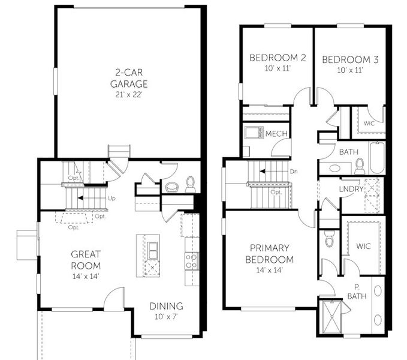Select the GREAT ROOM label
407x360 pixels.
[85, 260]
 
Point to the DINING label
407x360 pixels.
[166, 306]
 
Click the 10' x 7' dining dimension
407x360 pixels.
[166, 316]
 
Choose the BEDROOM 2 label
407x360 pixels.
[278, 58]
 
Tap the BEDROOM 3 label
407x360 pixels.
[351, 59]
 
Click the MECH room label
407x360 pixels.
[276, 133]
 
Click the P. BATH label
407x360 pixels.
[356, 292]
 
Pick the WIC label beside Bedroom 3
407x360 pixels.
[369, 124]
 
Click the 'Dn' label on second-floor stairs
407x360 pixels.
[294, 171]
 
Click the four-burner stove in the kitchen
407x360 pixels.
[191, 260]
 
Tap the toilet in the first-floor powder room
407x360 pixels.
[190, 183]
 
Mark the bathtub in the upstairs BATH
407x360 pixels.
[377, 157]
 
